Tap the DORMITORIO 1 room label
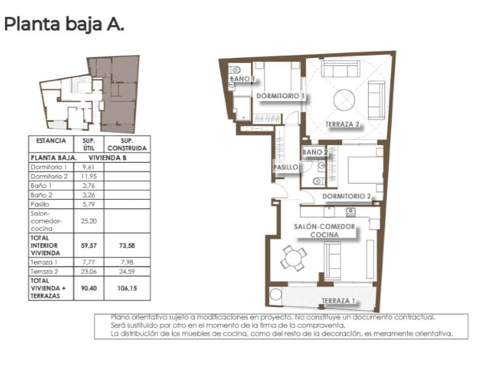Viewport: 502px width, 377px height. [280, 96]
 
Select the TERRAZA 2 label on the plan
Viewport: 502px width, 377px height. [343, 124]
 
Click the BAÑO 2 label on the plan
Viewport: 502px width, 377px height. [315, 152]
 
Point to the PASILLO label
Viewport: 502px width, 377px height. [285, 167]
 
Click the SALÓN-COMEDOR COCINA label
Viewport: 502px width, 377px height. [324, 230]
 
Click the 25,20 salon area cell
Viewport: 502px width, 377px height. [88, 221]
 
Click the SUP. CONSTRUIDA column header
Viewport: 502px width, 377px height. [127, 145]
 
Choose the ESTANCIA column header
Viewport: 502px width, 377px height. [51, 141]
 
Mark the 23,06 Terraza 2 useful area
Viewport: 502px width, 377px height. [88, 271]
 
